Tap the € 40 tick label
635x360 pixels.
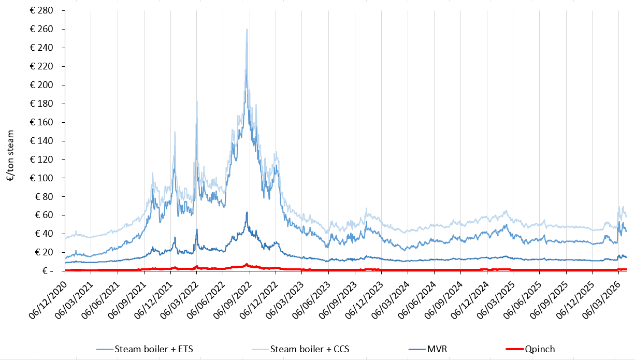point(44,234)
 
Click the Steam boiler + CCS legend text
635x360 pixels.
point(310,349)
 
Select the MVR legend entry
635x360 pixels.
point(437,349)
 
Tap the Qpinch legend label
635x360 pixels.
point(539,349)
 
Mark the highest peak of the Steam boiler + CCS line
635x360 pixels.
point(247,29)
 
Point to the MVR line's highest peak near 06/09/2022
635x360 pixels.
point(247,212)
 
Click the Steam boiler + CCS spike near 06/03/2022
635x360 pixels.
point(197,102)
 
